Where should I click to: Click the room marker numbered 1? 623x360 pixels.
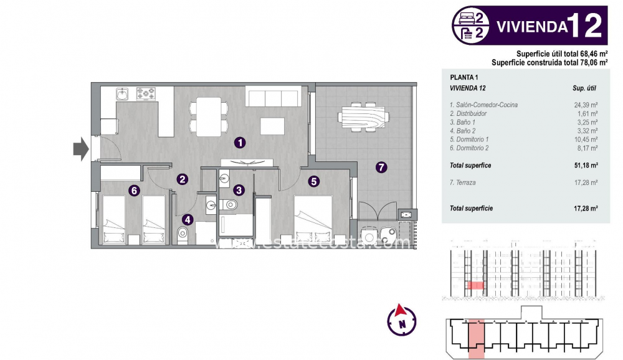pos(240,143)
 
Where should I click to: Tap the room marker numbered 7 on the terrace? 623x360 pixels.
pos(381,167)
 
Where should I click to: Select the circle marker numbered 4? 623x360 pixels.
pos(188,219)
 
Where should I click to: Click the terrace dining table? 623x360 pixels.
pos(363,116)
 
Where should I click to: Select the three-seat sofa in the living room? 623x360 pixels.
pos(273,97)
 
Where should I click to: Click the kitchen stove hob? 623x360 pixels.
pos(146,94)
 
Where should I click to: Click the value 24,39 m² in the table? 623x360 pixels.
pos(586,105)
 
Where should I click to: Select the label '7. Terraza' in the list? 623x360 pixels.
pos(462,182)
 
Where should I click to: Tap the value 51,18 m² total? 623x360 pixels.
pos(586,166)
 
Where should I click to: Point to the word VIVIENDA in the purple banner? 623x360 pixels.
pos(531,26)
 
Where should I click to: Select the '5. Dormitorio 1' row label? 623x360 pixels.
pos(469,140)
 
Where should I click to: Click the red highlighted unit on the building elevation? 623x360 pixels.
pos(475,285)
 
